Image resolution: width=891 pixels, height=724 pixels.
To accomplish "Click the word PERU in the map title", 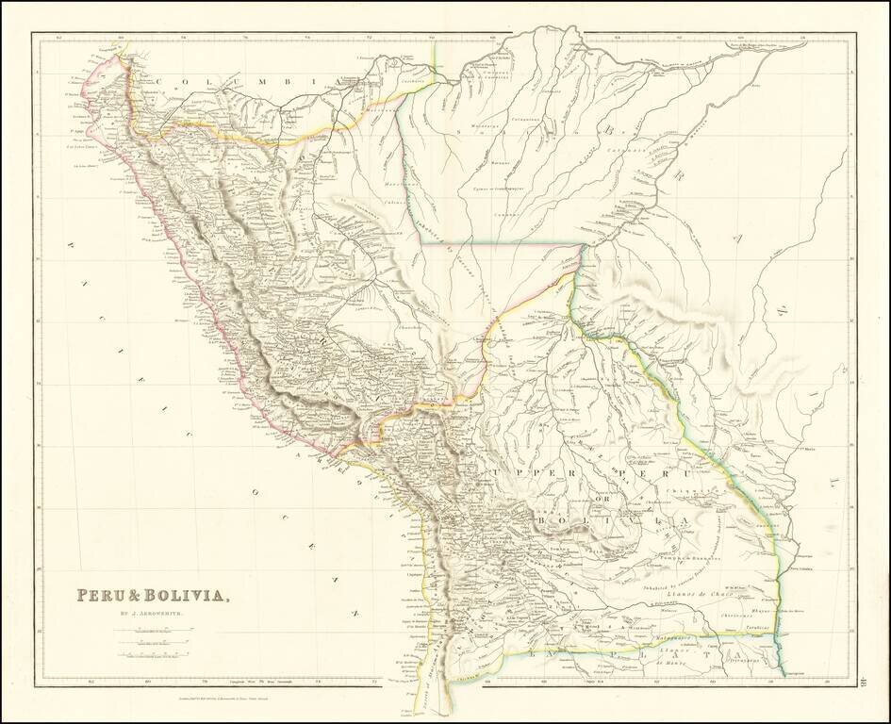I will pos(104,596).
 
